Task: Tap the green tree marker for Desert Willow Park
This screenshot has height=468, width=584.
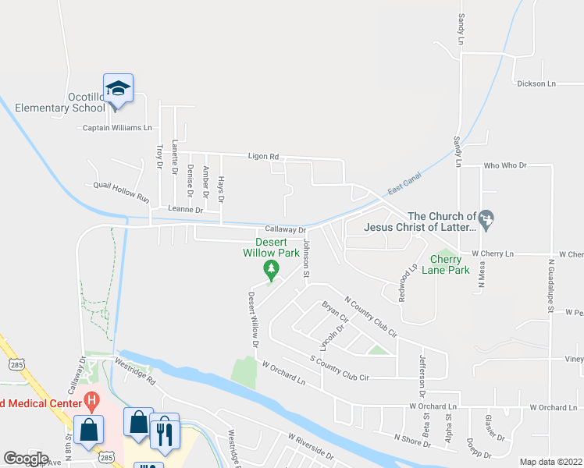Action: coord(272,271)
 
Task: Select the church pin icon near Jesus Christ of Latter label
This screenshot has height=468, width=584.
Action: coord(487,218)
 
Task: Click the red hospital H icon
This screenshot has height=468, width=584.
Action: coord(92,402)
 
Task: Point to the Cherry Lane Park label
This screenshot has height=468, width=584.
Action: coord(446,265)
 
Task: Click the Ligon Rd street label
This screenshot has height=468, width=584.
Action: coord(263,157)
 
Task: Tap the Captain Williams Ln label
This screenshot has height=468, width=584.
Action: coord(117,128)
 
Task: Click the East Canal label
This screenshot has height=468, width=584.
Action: coord(405,183)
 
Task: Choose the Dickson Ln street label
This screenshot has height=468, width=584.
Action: coord(536,83)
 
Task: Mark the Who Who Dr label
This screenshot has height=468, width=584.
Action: coord(506,166)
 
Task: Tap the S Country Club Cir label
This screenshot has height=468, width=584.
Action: coord(339,368)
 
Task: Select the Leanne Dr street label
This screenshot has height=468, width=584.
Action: coord(185,210)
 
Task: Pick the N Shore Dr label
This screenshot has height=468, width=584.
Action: coord(413,441)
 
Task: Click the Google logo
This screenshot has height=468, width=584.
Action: coord(26,459)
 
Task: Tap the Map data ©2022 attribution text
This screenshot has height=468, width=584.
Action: coord(551,462)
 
